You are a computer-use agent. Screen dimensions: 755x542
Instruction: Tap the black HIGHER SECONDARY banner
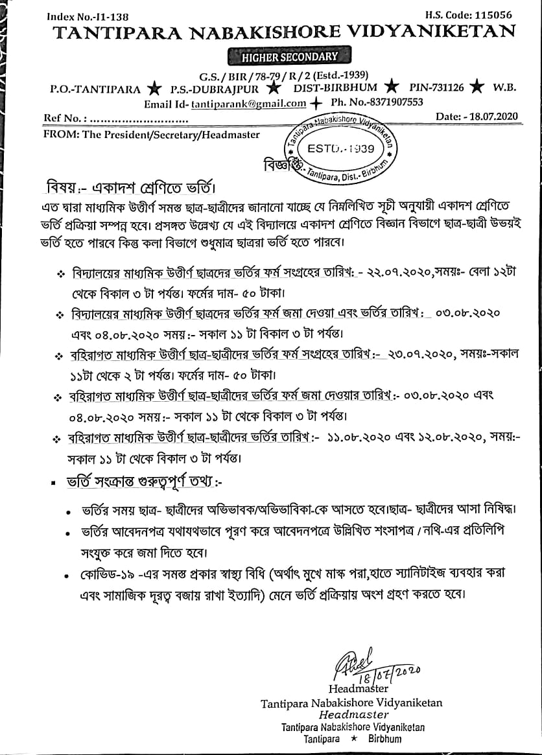click(x=290, y=57)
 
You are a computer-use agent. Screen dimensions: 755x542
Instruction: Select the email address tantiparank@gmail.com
click(x=249, y=103)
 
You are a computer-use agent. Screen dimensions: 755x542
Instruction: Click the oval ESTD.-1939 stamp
click(x=341, y=148)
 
